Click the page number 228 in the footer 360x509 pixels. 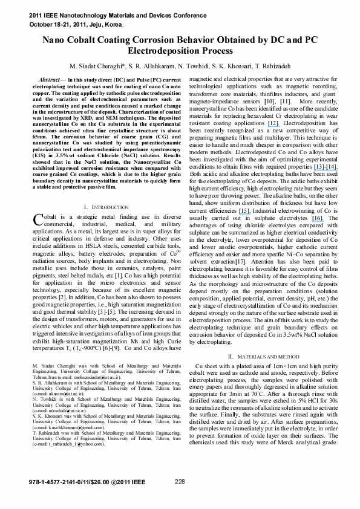click(x=180, y=481)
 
